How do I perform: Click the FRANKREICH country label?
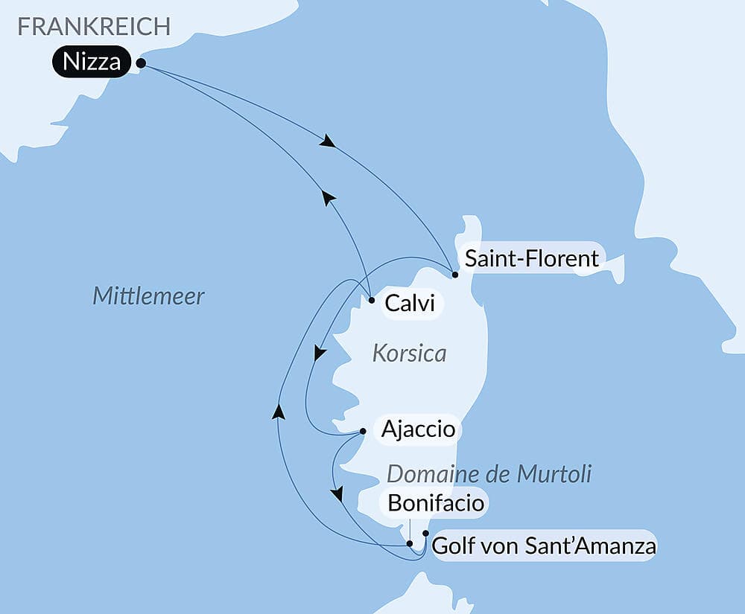click(x=94, y=27)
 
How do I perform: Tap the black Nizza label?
click(x=92, y=63)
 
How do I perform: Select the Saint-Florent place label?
click(x=531, y=258)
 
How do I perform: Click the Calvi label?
click(x=409, y=304)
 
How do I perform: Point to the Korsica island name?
click(x=410, y=354)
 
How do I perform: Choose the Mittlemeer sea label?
click(x=148, y=297)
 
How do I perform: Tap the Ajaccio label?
click(x=418, y=429)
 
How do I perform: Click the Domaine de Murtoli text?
click(x=489, y=474)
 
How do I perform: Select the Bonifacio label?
click(x=437, y=504)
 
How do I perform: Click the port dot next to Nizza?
click(x=141, y=64)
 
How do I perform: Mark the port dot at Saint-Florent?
click(x=455, y=275)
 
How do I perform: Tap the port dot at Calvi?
click(x=371, y=301)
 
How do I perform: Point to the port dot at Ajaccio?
click(x=363, y=431)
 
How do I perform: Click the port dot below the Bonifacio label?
click(x=410, y=543)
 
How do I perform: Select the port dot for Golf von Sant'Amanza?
click(x=425, y=533)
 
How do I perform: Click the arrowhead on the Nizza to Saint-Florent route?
click(x=326, y=141)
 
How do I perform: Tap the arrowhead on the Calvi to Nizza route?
click(x=328, y=196)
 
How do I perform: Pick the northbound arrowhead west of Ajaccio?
click(x=278, y=412)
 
